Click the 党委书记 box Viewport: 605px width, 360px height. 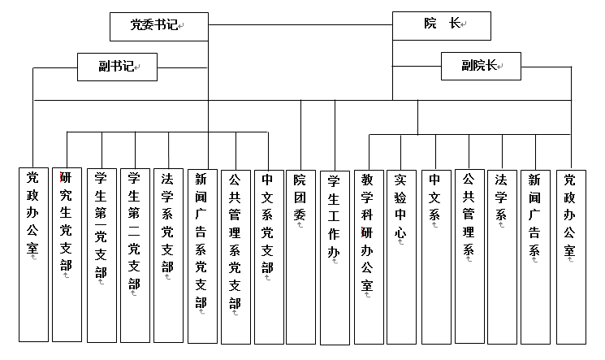pos(158,26)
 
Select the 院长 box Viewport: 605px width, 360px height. pos(442,24)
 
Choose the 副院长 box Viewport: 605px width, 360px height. pos(480,66)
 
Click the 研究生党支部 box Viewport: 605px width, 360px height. pos(66,254)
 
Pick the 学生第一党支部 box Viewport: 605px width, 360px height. pos(100,254)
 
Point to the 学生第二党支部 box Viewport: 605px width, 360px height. pos(134,254)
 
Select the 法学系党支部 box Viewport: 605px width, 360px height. pos(167,254)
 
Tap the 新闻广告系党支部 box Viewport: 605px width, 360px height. pos(201,254)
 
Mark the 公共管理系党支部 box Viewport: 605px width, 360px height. pos(235,254)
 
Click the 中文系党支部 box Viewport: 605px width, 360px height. pos(268,254)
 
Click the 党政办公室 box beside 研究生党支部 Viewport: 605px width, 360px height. pos(32,254)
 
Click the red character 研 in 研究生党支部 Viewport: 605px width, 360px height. pos(66,179)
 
